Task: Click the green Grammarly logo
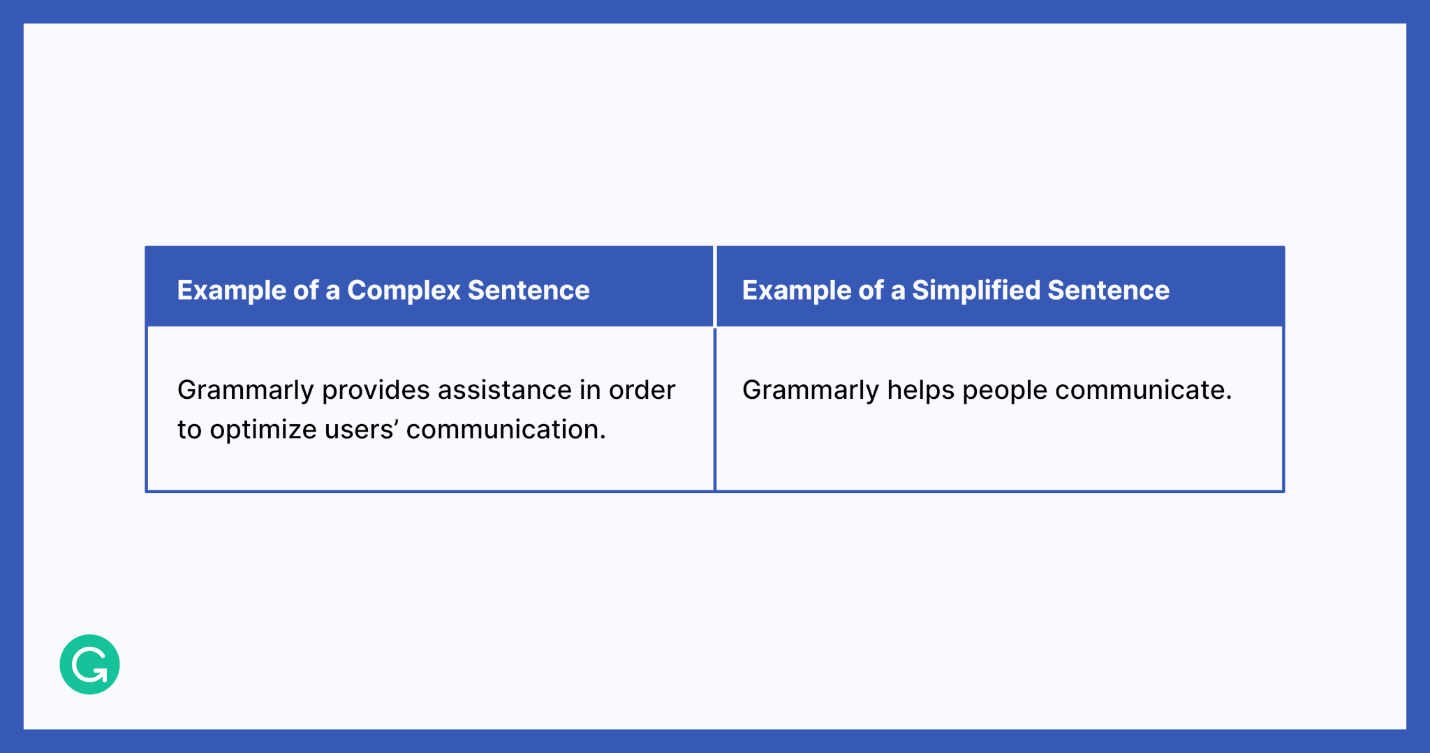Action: click(89, 664)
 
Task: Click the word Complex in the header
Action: click(403, 291)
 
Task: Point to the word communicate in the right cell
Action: click(1142, 390)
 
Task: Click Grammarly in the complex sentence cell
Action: click(245, 390)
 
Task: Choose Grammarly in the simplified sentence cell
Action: click(810, 390)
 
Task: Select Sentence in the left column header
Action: click(529, 291)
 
